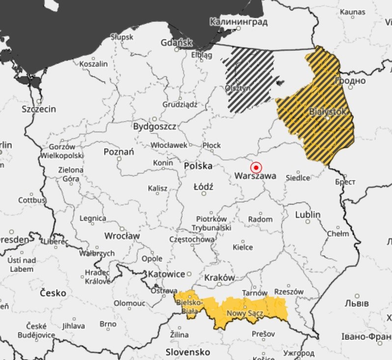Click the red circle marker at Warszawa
(x=256, y=167)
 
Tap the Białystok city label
(x=328, y=112)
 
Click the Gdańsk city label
(x=176, y=43)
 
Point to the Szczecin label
(x=39, y=109)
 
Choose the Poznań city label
(x=119, y=152)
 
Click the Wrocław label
(x=122, y=236)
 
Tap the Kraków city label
(x=220, y=277)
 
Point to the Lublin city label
(x=308, y=214)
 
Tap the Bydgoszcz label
(x=154, y=126)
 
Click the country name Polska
(x=198, y=166)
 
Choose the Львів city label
(x=356, y=302)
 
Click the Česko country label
(x=53, y=293)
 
